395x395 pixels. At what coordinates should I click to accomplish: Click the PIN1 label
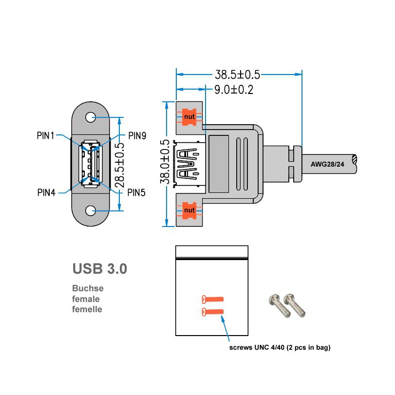46,135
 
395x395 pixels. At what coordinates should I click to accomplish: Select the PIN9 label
137,136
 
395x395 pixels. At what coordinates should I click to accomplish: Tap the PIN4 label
47,192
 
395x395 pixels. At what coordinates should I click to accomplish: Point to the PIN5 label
137,192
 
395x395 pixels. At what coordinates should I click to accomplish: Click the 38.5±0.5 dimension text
238,75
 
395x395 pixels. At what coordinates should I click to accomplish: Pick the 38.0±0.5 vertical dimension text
166,162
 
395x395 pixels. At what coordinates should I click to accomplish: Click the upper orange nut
189,117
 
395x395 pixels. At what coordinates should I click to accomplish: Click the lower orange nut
189,210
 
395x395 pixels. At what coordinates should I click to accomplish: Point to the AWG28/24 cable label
327,164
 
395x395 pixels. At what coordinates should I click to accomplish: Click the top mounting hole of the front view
91,117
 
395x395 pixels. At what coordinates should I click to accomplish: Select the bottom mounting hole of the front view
91,210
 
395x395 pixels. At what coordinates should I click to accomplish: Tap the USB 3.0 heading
99,268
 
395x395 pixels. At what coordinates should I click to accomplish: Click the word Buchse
88,288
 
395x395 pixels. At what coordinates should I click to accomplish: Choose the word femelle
87,309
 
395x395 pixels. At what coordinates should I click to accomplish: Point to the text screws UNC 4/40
263,348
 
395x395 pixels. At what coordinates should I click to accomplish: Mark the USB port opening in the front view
91,164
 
